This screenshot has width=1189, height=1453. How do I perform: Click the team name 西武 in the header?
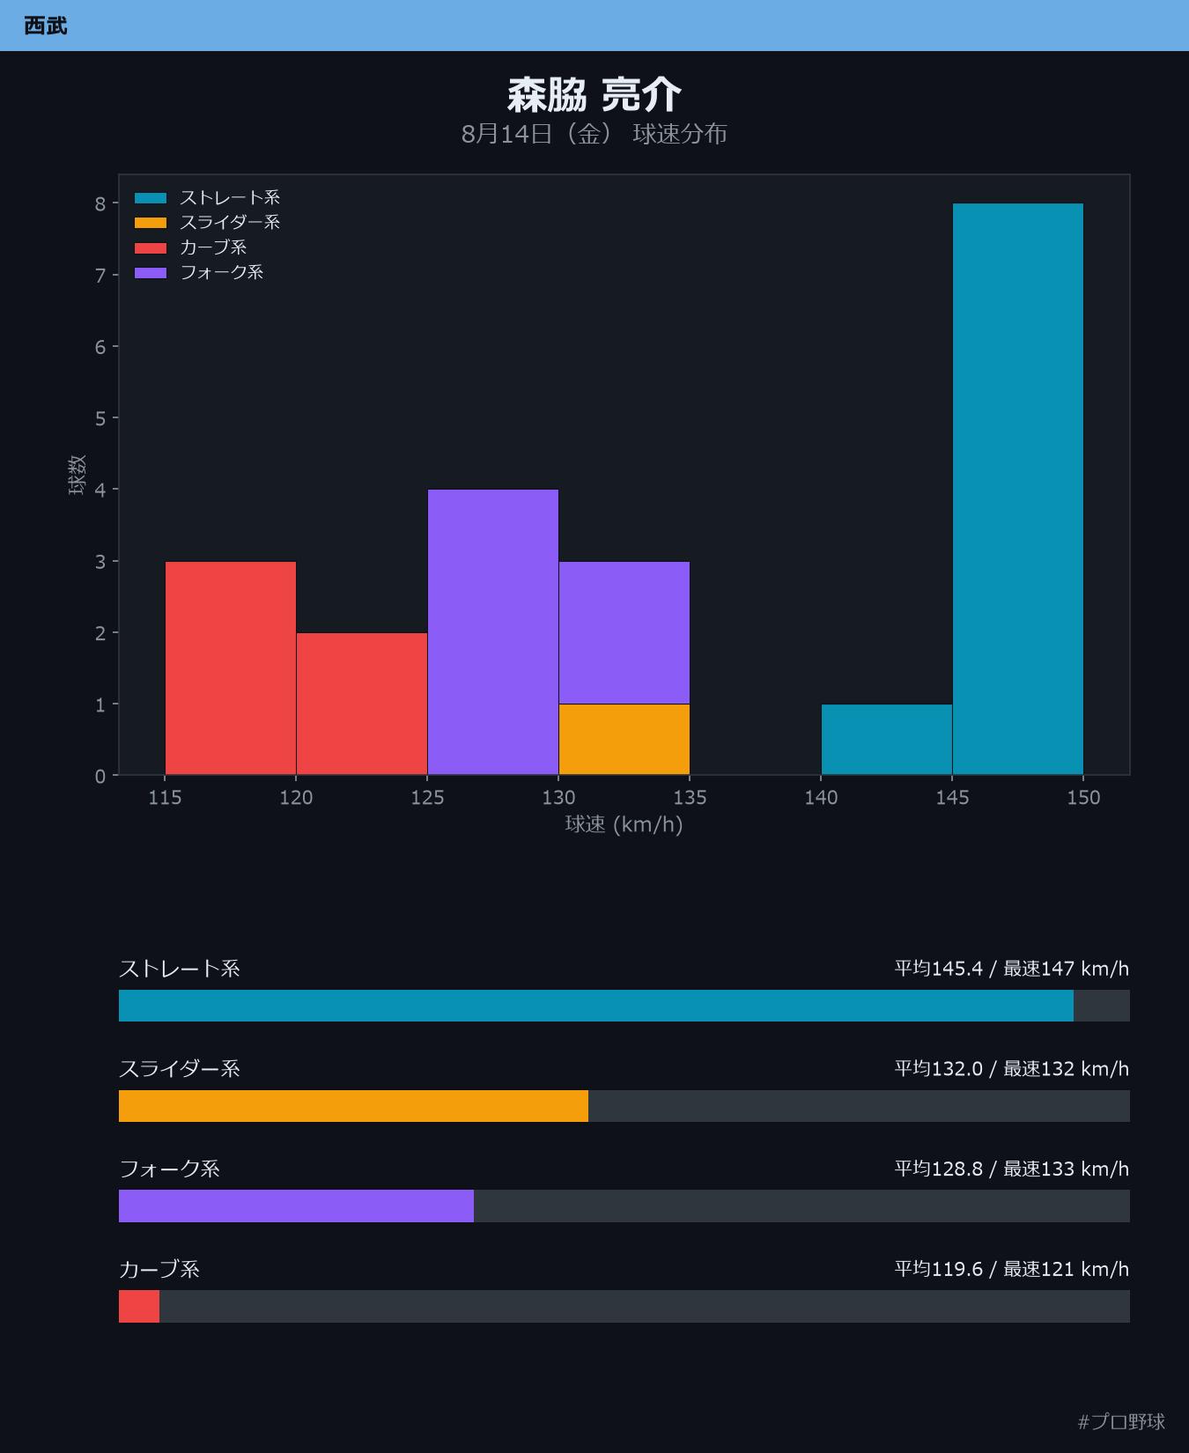pos(46,26)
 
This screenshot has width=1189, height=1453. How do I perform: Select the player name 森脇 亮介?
pos(594,95)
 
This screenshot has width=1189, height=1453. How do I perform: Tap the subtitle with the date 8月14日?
pos(594,134)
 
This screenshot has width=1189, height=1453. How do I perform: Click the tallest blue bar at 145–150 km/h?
pos(1017,490)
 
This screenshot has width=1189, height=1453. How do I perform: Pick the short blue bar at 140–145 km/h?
pos(887,740)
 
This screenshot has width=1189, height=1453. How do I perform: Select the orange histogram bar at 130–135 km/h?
pos(624,740)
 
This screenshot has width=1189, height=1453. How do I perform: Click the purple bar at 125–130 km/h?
pos(493,632)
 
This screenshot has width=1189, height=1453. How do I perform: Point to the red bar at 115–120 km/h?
pos(231,668)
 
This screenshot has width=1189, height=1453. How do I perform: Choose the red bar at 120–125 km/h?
pos(362,704)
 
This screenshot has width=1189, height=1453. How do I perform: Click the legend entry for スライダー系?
pos(208,223)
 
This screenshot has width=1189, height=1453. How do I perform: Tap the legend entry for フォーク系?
pos(199,273)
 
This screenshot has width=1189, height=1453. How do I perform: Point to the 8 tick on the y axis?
pos(100,203)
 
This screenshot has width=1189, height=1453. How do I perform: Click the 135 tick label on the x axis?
pos(690,798)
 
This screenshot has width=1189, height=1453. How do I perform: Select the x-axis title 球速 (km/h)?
pos(624,825)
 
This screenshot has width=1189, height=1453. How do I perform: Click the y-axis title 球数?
pos(78,475)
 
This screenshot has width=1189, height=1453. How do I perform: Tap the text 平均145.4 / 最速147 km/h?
pos(1012,969)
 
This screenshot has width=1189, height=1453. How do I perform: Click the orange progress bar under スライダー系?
pos(353,1106)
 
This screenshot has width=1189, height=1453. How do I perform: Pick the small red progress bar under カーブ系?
pos(139,1306)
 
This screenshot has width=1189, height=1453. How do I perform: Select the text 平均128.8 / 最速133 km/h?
pos(1012,1169)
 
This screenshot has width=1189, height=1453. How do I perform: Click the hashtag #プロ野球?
pos(1121,1421)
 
